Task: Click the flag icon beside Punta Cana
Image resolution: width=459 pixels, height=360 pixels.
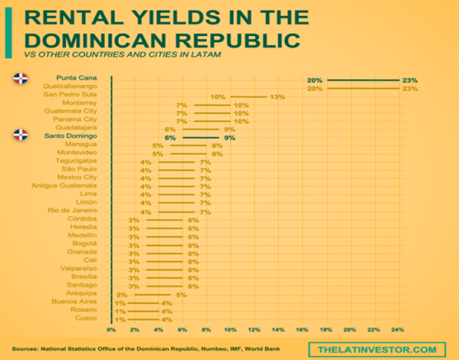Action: click(21, 78)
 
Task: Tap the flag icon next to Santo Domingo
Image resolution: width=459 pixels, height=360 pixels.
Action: click(21, 135)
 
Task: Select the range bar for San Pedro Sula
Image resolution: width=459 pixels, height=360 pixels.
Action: click(248, 97)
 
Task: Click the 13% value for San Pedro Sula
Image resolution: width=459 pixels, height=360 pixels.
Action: click(278, 97)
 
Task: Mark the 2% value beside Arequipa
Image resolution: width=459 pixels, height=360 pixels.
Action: click(122, 294)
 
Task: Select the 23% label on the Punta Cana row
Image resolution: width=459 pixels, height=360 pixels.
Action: click(409, 80)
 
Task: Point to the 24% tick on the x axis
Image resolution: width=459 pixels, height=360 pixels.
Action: click(398, 331)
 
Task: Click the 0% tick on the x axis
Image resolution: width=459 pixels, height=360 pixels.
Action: click(111, 331)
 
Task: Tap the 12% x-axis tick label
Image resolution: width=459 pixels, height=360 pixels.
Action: click(255, 331)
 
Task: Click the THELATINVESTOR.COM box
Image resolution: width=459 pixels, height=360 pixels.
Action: click(377, 349)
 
